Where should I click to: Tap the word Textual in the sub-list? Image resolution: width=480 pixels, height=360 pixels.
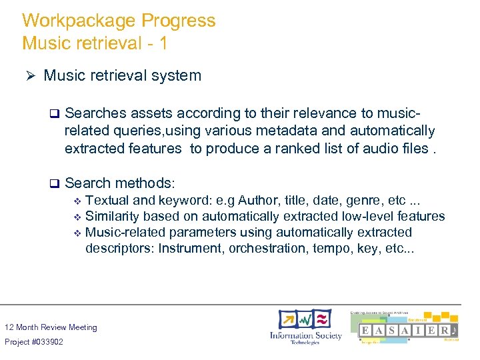[x=107, y=200]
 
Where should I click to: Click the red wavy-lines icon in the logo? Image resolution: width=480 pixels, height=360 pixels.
[x=322, y=319]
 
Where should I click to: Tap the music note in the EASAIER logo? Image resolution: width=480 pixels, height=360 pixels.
[x=453, y=331]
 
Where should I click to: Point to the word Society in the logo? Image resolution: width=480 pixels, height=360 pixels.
[x=325, y=335]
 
